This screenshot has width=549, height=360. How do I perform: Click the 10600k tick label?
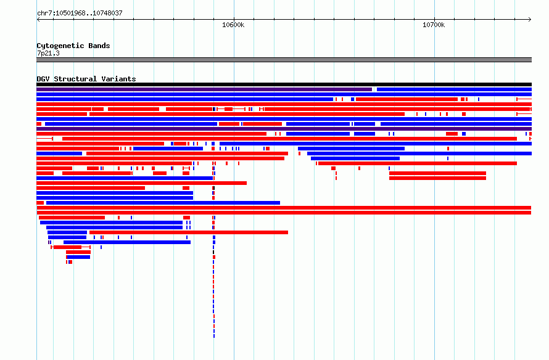coord(233,25)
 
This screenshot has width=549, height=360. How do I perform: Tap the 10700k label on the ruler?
coord(434,25)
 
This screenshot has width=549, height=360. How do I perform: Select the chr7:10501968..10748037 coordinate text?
coord(80,14)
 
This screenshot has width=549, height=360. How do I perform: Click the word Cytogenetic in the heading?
coord(60,46)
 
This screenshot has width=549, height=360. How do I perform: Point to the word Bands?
coord(99,46)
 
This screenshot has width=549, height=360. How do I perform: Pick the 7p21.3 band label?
coord(48,53)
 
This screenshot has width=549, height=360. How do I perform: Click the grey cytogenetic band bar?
coord(284,60)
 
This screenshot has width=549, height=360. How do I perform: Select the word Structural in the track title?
coord(75,79)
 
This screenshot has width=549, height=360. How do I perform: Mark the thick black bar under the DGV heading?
coord(284,84)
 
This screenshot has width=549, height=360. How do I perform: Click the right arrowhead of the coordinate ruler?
coord(530,20)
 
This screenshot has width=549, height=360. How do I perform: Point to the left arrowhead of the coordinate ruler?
coord(38,20)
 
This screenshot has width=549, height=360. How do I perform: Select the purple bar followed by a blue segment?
coord(204,89)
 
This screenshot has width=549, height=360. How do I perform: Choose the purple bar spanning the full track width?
coord(284,129)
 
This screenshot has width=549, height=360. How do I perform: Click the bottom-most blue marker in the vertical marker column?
coord(214,336)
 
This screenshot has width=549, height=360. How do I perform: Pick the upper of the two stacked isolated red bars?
coord(438,173)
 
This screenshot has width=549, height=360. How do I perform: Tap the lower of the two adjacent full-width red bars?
coord(284,213)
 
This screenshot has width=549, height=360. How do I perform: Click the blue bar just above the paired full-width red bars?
coord(163,203)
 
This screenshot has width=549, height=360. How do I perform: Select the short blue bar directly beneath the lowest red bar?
coord(78,257)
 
